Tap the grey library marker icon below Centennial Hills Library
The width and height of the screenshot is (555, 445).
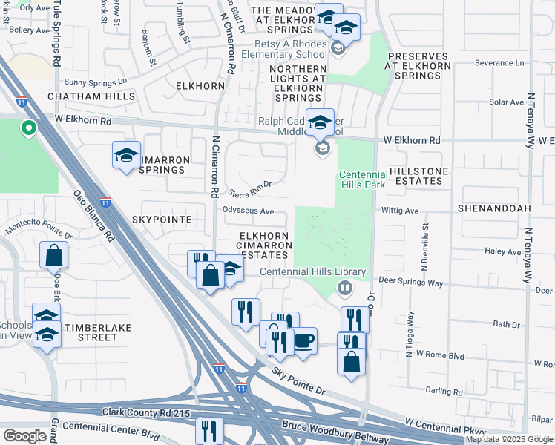point(344,287)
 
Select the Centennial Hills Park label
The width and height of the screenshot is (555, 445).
point(372,179)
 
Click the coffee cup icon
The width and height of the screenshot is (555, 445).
point(303,341)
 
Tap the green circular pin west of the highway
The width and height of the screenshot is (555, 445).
point(28,129)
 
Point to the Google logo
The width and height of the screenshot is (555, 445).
point(24,436)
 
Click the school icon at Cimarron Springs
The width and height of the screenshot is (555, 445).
point(126,156)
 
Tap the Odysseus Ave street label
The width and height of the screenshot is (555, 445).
point(249,210)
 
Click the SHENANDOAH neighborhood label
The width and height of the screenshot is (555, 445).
point(493,209)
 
